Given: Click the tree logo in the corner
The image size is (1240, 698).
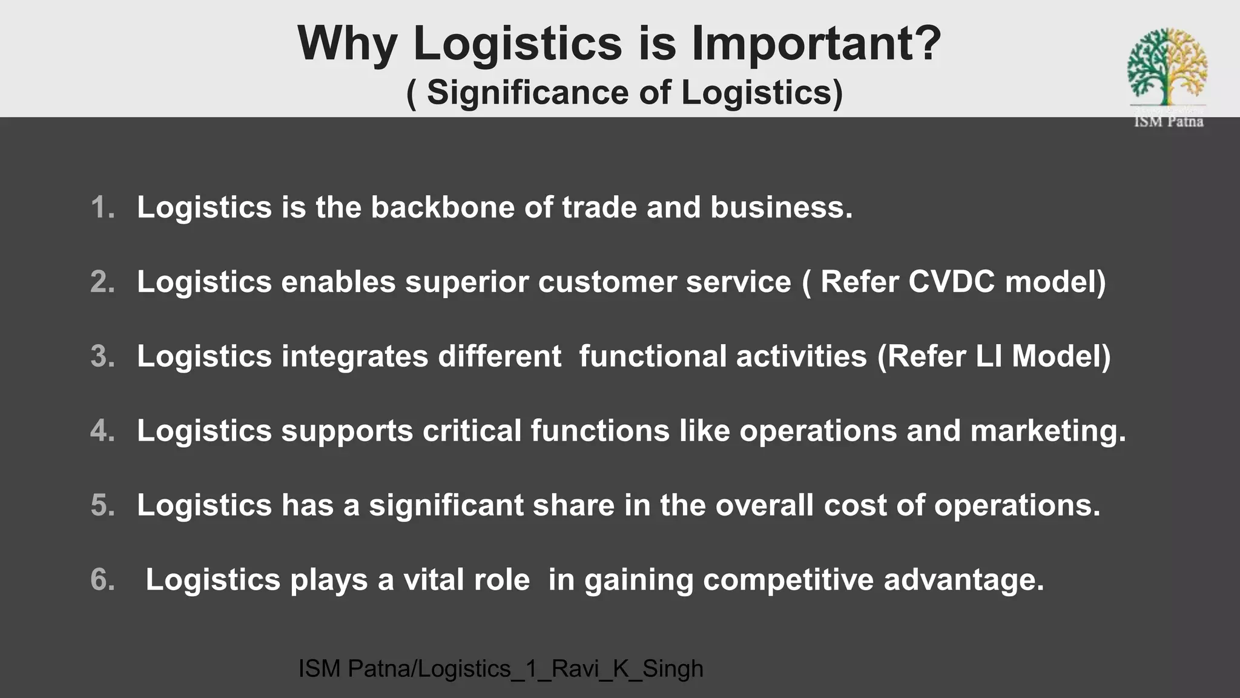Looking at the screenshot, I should [1167, 67].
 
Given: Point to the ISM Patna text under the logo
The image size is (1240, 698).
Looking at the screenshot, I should [1168, 122].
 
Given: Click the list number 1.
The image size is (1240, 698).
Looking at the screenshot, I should [102, 207].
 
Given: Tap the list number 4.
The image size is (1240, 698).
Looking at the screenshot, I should [102, 431].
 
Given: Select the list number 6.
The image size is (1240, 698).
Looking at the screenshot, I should [102, 580].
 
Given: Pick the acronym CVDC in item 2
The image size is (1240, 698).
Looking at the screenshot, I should [951, 282].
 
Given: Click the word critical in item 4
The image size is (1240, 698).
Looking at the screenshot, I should [472, 431].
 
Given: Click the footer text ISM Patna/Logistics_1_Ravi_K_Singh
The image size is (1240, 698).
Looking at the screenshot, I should [501, 669].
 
